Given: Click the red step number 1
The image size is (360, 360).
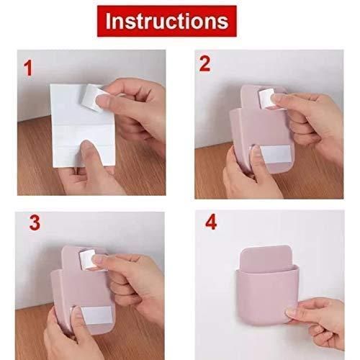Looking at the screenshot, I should click(29, 70).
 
